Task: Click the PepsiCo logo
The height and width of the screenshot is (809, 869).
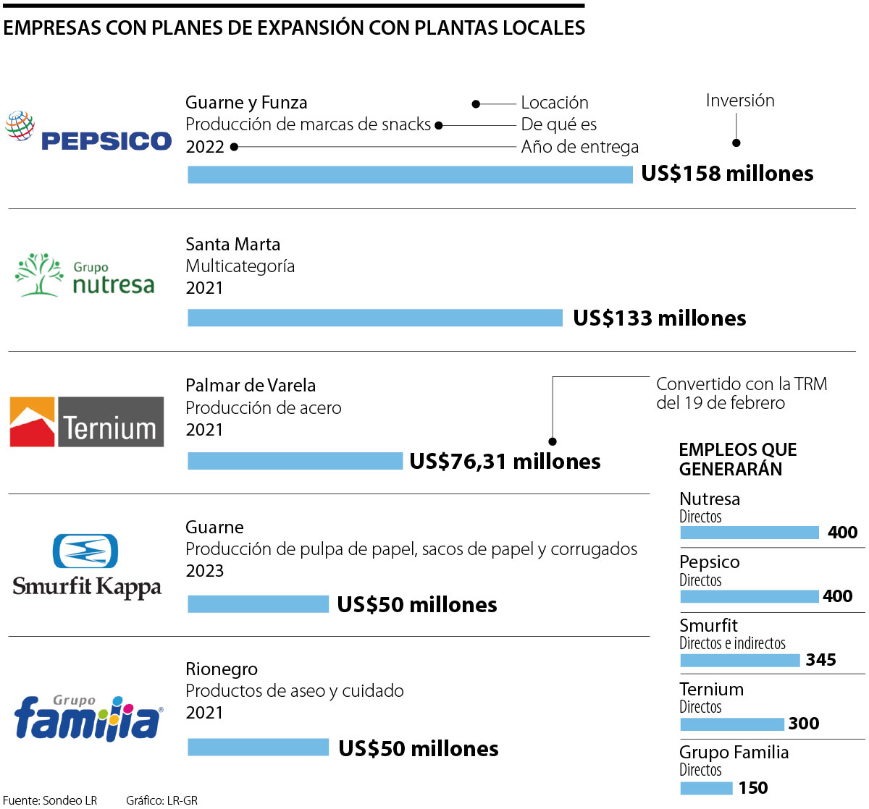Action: click(x=88, y=132)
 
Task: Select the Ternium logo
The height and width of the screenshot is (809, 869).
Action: click(x=87, y=421)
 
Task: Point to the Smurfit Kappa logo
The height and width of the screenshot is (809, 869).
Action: click(x=87, y=566)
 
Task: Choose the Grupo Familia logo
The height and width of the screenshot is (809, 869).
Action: click(x=88, y=716)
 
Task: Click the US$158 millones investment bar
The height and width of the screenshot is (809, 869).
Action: click(x=410, y=174)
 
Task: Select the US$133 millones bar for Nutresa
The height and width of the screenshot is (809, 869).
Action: click(x=375, y=318)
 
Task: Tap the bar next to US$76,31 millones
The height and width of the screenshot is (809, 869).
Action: click(x=295, y=461)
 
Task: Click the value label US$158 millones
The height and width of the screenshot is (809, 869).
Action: click(x=727, y=174)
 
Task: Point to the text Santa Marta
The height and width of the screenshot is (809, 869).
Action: click(x=232, y=245)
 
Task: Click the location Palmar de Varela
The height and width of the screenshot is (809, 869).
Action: click(x=251, y=386)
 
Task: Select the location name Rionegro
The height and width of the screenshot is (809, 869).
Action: click(x=222, y=669)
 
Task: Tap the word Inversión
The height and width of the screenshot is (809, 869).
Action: click(x=740, y=101)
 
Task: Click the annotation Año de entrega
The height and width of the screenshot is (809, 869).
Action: click(x=579, y=147)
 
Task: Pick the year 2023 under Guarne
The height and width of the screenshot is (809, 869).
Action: click(x=205, y=571)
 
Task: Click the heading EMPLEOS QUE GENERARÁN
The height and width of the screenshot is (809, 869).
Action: click(x=737, y=459)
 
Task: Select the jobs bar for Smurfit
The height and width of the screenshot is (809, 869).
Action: click(x=739, y=660)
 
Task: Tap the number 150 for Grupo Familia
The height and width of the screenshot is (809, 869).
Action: click(x=753, y=788)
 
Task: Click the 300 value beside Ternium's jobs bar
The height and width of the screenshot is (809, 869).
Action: click(x=804, y=724)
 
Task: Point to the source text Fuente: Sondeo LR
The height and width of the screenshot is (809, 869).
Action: click(x=50, y=800)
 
